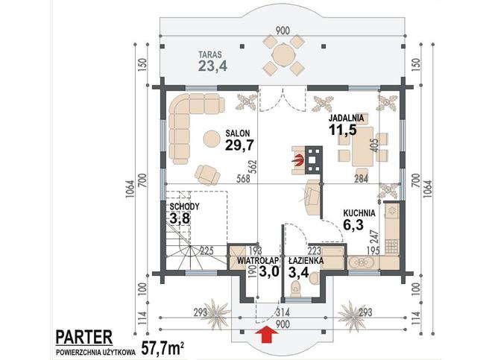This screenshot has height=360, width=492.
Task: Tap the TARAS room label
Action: [210, 54]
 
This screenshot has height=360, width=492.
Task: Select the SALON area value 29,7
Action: [239, 145]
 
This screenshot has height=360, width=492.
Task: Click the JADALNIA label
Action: [346, 119]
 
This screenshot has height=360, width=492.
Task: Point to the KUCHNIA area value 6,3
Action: [353, 225]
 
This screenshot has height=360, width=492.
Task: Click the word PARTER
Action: [84, 337]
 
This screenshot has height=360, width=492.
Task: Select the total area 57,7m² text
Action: [163, 347]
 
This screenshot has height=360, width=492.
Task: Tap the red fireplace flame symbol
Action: [299, 160]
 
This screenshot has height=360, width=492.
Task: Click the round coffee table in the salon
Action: [212, 138]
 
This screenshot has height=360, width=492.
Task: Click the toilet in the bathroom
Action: [296, 288]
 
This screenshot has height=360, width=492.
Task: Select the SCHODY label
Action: [184, 206]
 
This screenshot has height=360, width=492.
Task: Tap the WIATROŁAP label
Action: [258, 261]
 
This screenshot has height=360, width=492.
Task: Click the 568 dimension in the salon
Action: [244, 179]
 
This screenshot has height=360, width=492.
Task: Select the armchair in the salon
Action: [207, 174]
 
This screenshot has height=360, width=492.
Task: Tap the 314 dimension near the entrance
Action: [282, 312]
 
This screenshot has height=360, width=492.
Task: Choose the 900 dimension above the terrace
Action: [283, 31]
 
